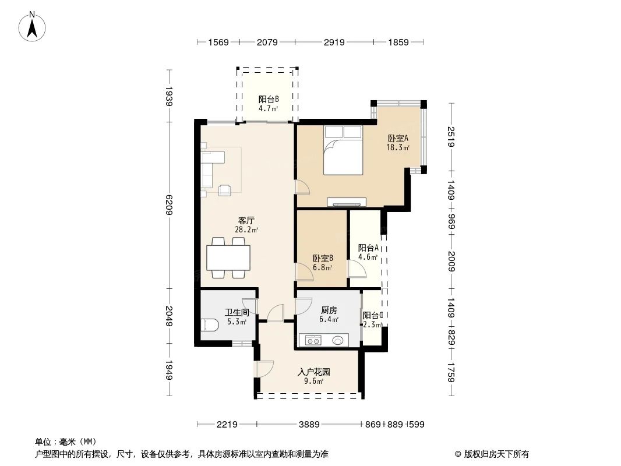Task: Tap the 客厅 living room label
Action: tap(246, 220)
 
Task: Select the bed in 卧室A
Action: tap(344, 150)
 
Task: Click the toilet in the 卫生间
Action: tap(209, 327)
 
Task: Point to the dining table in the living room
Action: tap(228, 257)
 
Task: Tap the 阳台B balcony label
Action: tap(269, 99)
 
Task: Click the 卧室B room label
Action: tap(322, 258)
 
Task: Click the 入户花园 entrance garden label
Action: tap(314, 372)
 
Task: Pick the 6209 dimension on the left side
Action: tap(170, 205)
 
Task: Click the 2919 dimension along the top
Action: tap(334, 42)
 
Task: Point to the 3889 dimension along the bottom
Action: tap(310, 425)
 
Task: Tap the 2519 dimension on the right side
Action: tap(451, 137)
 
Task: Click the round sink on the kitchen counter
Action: tap(337, 340)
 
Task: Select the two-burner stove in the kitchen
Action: tap(313, 341)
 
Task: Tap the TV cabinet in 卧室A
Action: tap(347, 202)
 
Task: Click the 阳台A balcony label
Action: tap(368, 248)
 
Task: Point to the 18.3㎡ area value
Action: tap(398, 148)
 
